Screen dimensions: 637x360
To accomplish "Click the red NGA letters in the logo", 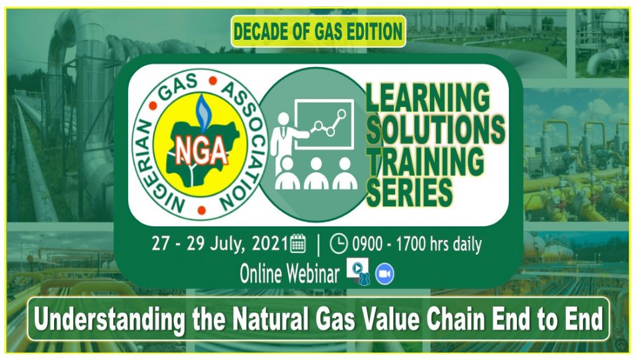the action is click(x=201, y=150).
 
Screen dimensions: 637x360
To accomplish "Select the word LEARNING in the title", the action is click(x=428, y=98).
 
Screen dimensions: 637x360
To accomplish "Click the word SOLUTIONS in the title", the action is click(x=435, y=129).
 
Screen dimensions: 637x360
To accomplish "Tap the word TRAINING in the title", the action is click(x=425, y=160).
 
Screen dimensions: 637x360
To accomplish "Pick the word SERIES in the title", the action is click(x=409, y=192).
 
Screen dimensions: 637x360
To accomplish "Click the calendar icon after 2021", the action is click(x=298, y=244).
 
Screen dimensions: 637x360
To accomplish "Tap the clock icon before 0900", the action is click(x=338, y=244).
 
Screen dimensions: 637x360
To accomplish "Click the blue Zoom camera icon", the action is click(x=384, y=274).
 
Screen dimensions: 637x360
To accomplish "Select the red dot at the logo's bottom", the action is click(x=202, y=210).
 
